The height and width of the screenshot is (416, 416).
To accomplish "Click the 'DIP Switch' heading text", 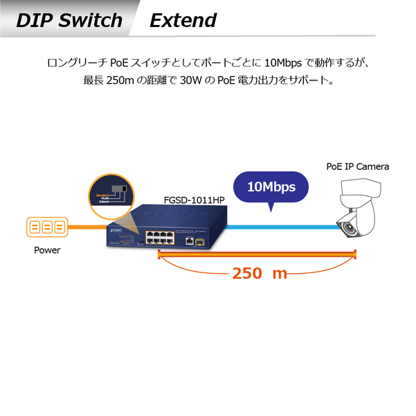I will click(x=69, y=19).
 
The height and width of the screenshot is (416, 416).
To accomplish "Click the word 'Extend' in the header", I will click(x=183, y=20).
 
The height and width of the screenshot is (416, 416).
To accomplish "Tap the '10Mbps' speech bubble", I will click(x=271, y=187).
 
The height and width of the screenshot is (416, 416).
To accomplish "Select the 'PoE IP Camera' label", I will click(x=357, y=166).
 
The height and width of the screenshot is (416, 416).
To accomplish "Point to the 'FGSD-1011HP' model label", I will click(x=194, y=200).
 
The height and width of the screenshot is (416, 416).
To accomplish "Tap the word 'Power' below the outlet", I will click(x=47, y=250).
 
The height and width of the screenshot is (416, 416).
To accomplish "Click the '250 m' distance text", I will click(x=259, y=273).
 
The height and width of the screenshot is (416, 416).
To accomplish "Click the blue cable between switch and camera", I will click(x=277, y=227).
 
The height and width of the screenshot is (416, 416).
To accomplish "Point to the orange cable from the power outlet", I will click(x=87, y=227).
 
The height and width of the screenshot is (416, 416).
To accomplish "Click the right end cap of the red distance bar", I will click(x=355, y=256).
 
